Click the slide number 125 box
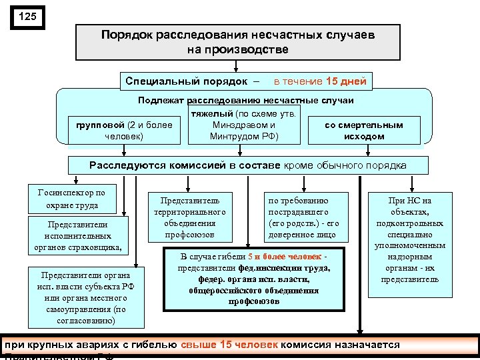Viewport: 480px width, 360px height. point(27,17)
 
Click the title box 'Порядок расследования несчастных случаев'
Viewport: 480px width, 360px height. point(238,41)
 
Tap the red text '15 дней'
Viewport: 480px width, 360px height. point(346,81)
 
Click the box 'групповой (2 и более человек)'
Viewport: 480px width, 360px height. point(124,131)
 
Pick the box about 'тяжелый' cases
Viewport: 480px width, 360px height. point(243,125)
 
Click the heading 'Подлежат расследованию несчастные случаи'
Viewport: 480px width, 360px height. point(245,100)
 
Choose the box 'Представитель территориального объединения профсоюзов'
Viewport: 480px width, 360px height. point(190,217)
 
